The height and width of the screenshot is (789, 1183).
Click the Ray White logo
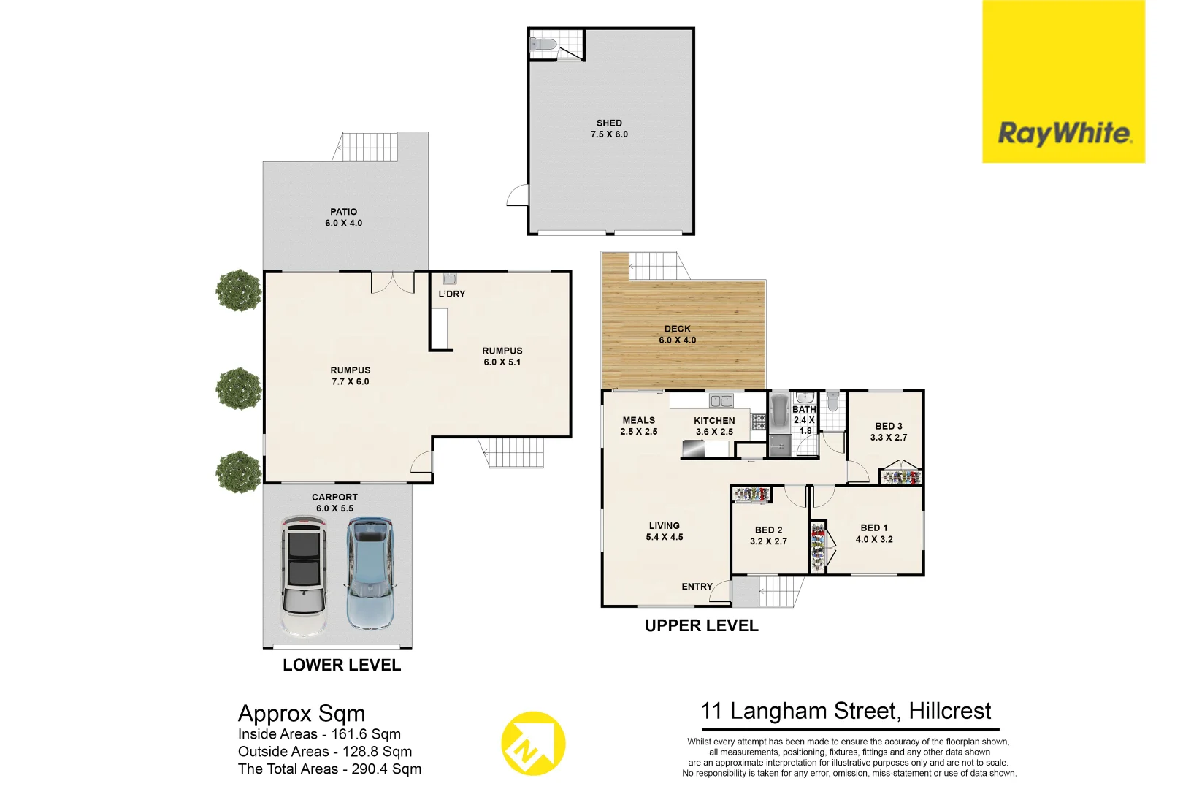[x=1063, y=134]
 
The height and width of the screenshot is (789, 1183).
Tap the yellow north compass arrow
[x=533, y=743]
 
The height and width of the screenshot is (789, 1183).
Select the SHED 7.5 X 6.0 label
[x=609, y=129]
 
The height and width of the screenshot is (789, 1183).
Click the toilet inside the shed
[x=543, y=45]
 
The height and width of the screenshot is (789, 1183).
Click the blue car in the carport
[x=370, y=573]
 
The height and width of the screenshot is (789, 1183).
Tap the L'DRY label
[x=451, y=294]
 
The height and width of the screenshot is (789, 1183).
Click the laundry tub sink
[x=449, y=279]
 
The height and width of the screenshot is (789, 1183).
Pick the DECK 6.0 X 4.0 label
[x=677, y=335]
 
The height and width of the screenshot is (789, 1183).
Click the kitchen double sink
[x=721, y=400]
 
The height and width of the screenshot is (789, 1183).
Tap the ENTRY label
[x=697, y=587]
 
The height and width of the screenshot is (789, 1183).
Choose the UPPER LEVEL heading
[x=701, y=625]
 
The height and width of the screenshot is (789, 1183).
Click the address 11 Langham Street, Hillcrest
[x=846, y=711]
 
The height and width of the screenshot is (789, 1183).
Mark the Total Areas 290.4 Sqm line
[x=329, y=769]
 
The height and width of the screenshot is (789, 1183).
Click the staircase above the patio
[x=370, y=147]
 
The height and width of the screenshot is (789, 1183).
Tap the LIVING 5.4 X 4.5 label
[x=664, y=531]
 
